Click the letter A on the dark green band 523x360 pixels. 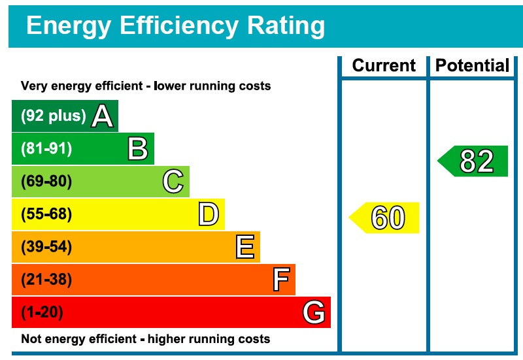pos(103,116)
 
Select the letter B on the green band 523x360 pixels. pos(137,149)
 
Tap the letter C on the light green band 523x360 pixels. pos(173,182)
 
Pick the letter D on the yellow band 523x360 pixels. pos(208,214)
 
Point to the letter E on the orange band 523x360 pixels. pos(245,247)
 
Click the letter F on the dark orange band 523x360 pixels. pos(280,280)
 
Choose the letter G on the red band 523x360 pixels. pos(314,313)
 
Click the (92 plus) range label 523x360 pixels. pos(54,116)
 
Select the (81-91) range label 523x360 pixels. pos(46,149)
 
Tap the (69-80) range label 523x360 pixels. pos(46,182)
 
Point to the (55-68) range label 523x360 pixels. pos(46,214)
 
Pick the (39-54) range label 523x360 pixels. pos(46,247)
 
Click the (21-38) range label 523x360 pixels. pos(46,280)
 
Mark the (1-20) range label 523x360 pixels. pos(42,313)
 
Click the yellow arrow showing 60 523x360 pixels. pos(386,218)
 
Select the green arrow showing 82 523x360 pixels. pos(475,161)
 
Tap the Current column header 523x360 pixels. pos(384,66)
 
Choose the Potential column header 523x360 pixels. pos(472,66)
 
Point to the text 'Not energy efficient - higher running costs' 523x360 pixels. pos(145,339)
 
